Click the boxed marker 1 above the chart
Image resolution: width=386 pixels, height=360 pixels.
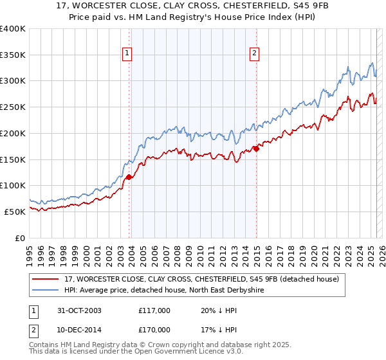pyautogui.click(x=127, y=53)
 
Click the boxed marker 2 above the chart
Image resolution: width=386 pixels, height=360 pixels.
pyautogui.click(x=255, y=53)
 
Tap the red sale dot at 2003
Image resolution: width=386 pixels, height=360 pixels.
pyautogui.click(x=129, y=176)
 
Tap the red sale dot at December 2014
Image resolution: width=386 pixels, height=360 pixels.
pyautogui.click(x=256, y=148)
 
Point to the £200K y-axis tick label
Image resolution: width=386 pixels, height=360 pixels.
pyautogui.click(x=13, y=133)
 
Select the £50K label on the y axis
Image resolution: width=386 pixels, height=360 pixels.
pyautogui.click(x=15, y=211)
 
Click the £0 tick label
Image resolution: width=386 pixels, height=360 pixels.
pyautogui.click(x=21, y=237)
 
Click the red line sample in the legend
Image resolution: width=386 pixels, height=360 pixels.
pyautogui.click(x=46, y=280)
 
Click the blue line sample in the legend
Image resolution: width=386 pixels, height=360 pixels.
pyautogui.click(x=46, y=291)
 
